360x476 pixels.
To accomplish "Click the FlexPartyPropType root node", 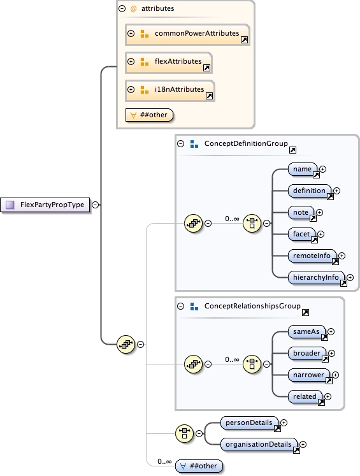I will [x=45, y=205].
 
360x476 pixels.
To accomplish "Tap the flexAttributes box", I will [x=168, y=62].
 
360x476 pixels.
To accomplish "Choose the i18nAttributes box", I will [x=169, y=90].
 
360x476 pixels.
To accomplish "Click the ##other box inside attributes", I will [x=150, y=115].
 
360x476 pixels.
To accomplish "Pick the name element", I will [x=302, y=169].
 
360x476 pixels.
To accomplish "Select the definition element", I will [x=310, y=191].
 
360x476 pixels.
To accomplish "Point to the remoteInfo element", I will [x=312, y=256].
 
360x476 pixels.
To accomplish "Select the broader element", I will [x=306, y=353].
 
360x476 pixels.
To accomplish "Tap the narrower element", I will [x=308, y=375].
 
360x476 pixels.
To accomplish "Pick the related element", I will [x=305, y=396].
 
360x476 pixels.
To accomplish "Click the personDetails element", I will [x=249, y=422].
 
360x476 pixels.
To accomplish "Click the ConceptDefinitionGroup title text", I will [x=246, y=144].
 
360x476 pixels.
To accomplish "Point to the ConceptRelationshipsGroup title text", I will [x=252, y=307].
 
